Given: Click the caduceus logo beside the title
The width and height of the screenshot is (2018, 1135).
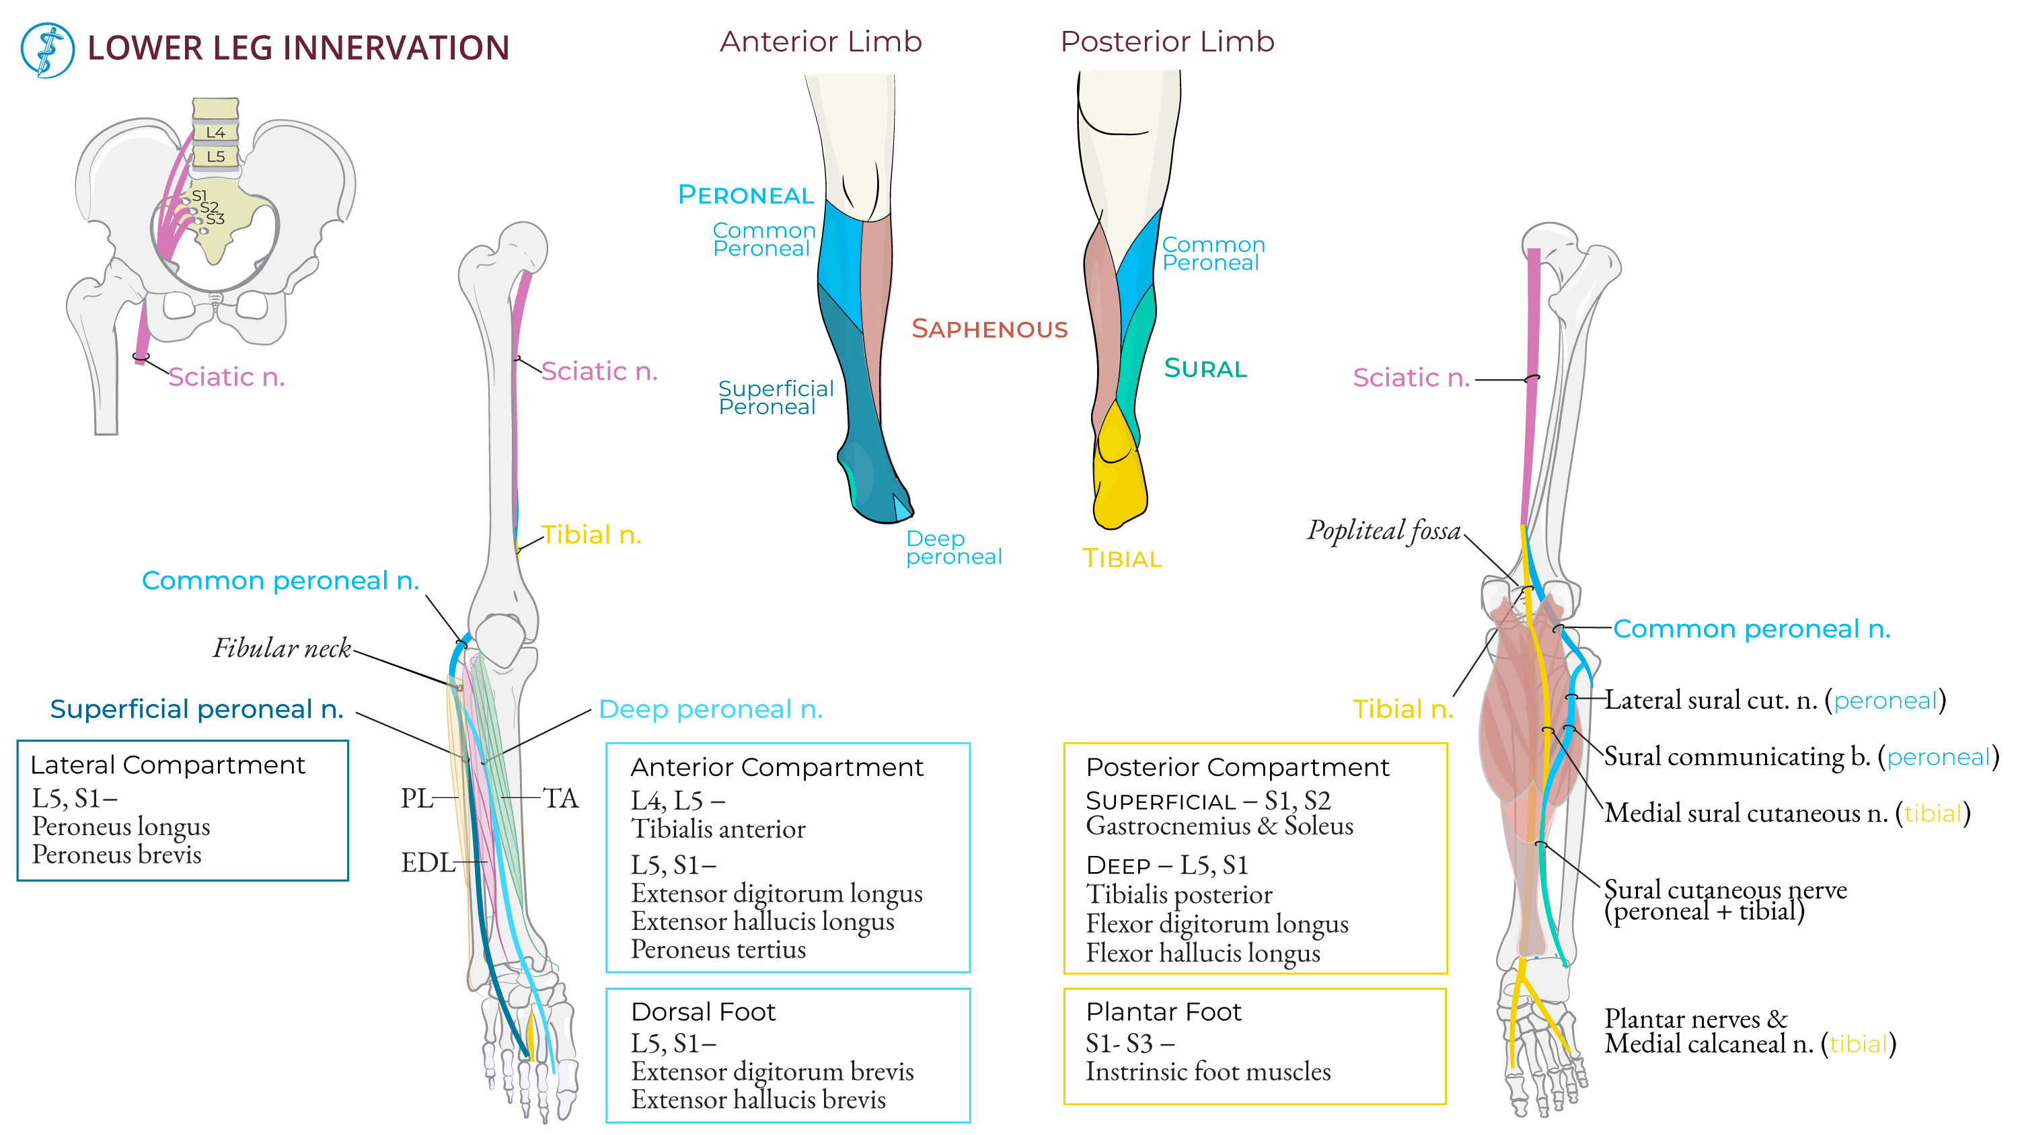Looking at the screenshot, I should point(47,49).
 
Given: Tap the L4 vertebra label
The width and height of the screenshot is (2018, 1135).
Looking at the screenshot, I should point(215,132).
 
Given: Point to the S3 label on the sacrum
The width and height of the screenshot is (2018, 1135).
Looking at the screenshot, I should point(215,219).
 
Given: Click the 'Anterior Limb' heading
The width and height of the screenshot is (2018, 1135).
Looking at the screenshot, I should point(820,42).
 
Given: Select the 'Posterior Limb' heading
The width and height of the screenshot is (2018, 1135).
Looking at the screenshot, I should point(1166,42).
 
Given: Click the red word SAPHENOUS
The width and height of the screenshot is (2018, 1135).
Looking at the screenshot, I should point(989,329).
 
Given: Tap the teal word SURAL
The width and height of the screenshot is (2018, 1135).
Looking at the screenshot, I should point(1205,368).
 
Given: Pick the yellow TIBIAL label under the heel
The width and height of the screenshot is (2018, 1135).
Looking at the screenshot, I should point(1122,559).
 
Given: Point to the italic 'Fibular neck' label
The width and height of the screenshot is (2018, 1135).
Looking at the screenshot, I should point(282,649).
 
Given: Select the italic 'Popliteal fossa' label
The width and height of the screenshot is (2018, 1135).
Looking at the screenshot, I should point(1384,531).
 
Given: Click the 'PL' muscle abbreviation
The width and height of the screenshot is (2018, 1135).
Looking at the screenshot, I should point(416,798).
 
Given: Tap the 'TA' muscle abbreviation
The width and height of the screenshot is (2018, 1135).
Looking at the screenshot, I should point(560,798).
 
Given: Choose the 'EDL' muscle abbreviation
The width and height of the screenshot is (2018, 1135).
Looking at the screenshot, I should point(427,863).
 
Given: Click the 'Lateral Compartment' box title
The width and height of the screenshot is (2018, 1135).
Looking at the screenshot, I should point(167,765).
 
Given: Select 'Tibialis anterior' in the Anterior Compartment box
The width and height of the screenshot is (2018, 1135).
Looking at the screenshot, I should point(718,829).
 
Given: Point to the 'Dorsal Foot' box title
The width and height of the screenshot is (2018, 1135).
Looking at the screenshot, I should point(703,1011).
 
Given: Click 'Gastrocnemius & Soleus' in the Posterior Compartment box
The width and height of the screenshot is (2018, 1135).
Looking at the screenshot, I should point(1219,826).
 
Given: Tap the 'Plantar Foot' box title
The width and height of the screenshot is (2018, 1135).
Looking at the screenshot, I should point(1163,1011).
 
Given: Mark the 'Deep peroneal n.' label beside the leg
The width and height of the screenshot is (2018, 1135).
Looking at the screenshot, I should point(710,709).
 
